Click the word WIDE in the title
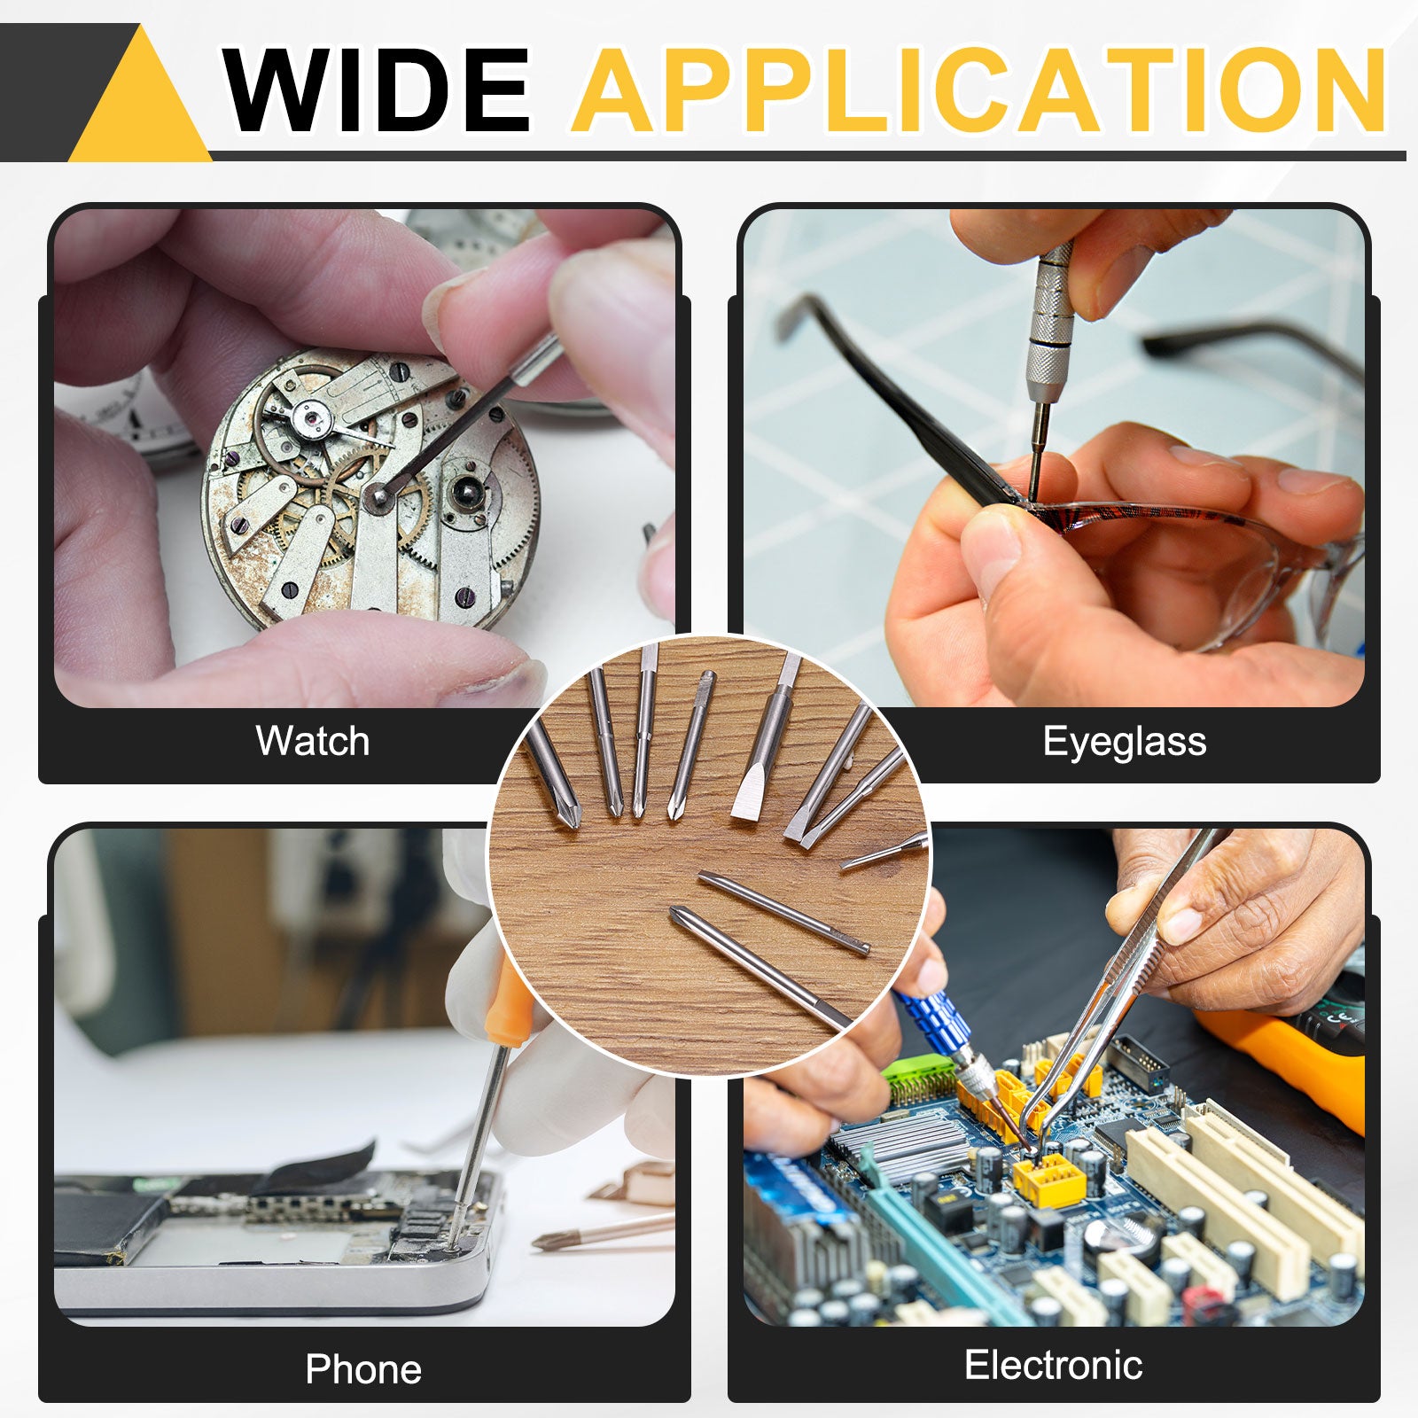[x=377, y=90]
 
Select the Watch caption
[x=313, y=741]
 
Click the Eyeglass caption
[x=1125, y=742]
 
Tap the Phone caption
[x=363, y=1369]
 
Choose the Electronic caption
[x=1054, y=1365]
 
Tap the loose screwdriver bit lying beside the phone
[x=603, y=1231]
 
